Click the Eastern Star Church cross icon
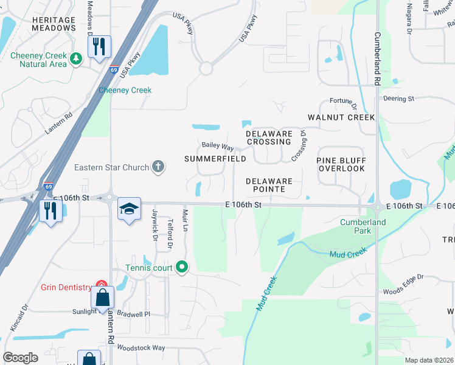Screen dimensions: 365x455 tap(158, 167)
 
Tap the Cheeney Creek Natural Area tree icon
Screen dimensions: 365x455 tap(76, 59)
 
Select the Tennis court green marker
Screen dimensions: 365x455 tap(182, 267)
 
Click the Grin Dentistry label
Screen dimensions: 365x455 tap(65, 287)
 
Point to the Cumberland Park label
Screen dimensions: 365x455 tap(363, 226)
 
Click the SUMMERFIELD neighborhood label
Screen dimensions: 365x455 tap(215, 159)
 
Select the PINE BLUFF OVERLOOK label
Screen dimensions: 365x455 tap(340, 164)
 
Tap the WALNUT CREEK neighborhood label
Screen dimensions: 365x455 tap(341, 117)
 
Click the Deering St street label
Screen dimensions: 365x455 tap(398, 98)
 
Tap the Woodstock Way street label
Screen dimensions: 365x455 tap(141, 348)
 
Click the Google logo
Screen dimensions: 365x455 tap(20, 358)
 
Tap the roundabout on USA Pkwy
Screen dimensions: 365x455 tap(206, 68)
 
